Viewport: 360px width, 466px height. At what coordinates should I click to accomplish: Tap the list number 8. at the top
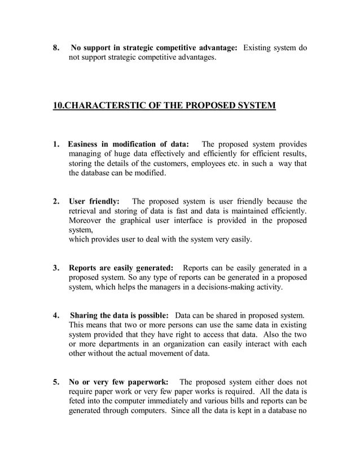point(56,48)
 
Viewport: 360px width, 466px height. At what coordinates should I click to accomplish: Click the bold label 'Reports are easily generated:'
point(121,267)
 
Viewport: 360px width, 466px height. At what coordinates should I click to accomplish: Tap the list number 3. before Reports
point(56,267)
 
